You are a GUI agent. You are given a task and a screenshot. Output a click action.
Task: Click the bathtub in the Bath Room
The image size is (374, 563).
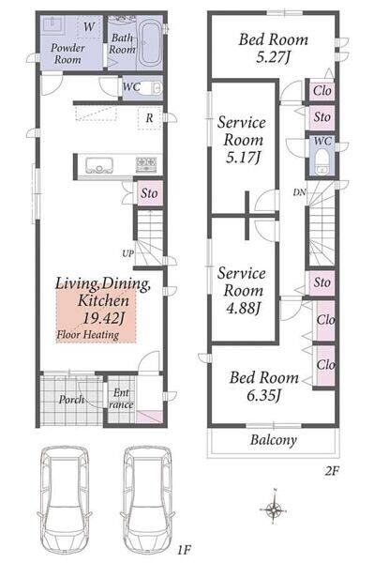[x=150, y=43]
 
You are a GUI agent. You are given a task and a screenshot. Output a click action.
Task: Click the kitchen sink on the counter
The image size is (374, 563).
[x=99, y=165]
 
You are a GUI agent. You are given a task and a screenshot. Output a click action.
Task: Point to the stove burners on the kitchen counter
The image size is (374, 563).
[x=146, y=164]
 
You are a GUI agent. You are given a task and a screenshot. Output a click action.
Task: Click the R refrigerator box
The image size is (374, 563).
[x=150, y=118]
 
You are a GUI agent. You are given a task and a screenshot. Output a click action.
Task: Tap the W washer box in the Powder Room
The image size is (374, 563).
[x=89, y=27]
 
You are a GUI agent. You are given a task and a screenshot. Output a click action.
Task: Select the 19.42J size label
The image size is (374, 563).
[x=103, y=318]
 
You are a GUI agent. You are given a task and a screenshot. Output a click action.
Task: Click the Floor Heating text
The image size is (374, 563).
[x=88, y=335]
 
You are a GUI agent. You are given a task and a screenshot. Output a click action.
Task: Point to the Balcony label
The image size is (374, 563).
[x=274, y=440]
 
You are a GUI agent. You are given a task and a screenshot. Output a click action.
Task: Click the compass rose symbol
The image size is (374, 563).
[x=275, y=508]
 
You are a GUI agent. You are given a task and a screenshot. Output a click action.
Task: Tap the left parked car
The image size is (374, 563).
[x=64, y=502]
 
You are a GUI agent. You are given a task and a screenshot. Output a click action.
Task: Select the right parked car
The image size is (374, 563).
[x=147, y=502]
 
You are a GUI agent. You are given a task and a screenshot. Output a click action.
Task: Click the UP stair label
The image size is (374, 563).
[x=128, y=253]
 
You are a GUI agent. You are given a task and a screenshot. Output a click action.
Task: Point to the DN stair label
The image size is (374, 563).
[x=300, y=192]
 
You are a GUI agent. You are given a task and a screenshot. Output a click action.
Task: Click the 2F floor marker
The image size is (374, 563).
[x=332, y=471]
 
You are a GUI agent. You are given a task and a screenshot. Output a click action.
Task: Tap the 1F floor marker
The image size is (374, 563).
[x=184, y=550]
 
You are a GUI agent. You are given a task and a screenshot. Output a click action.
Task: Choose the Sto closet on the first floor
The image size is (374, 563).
[x=150, y=193]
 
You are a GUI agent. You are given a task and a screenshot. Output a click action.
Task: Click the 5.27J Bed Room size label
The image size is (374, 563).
[x=274, y=57]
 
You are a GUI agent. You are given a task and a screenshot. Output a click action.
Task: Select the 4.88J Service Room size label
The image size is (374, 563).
[x=243, y=308]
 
